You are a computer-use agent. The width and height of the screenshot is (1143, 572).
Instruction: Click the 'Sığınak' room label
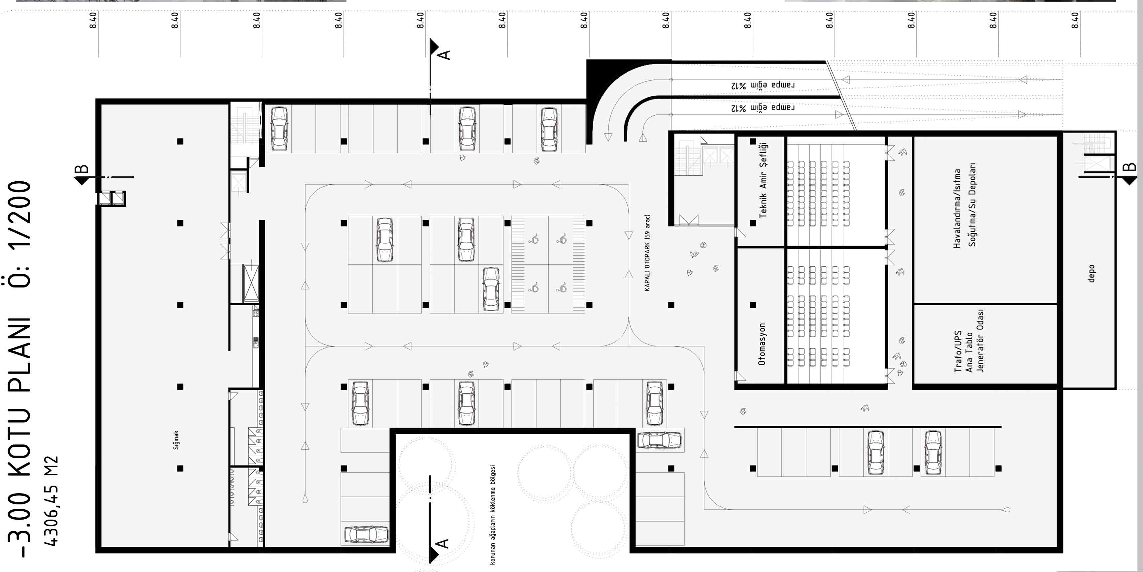176,440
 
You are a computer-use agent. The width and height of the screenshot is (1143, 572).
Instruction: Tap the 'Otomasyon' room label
762,344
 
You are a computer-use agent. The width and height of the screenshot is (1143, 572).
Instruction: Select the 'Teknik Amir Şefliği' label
763,180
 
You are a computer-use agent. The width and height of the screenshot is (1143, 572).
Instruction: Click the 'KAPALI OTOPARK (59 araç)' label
647,253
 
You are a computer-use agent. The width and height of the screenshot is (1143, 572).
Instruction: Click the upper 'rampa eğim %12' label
763,85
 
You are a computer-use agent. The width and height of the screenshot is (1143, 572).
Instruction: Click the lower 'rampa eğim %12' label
763,108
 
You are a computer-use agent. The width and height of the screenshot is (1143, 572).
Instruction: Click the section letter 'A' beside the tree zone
442,543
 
